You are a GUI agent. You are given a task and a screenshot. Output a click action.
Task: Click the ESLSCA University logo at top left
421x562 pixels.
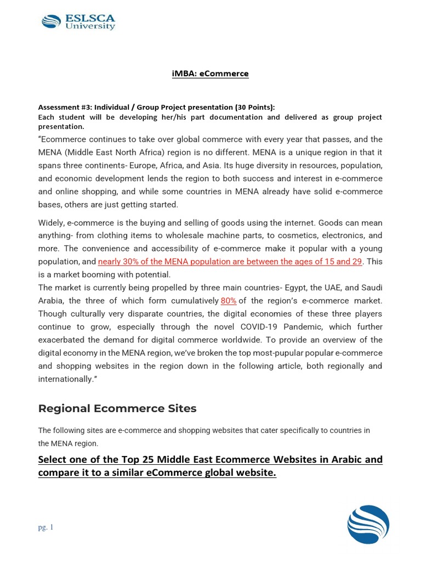pyautogui.click(x=78, y=23)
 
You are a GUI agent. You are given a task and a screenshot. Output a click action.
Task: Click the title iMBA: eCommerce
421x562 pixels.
pyautogui.click(x=210, y=74)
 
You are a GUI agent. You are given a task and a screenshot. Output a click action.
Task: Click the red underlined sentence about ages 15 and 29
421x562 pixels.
pyautogui.click(x=230, y=261)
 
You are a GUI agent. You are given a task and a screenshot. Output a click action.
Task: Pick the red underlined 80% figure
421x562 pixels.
pyautogui.click(x=229, y=300)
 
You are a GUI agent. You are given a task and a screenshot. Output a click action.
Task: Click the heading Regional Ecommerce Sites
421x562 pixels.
pyautogui.click(x=117, y=408)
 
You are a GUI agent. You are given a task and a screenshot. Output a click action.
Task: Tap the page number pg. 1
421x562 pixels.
pyautogui.click(x=45, y=527)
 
